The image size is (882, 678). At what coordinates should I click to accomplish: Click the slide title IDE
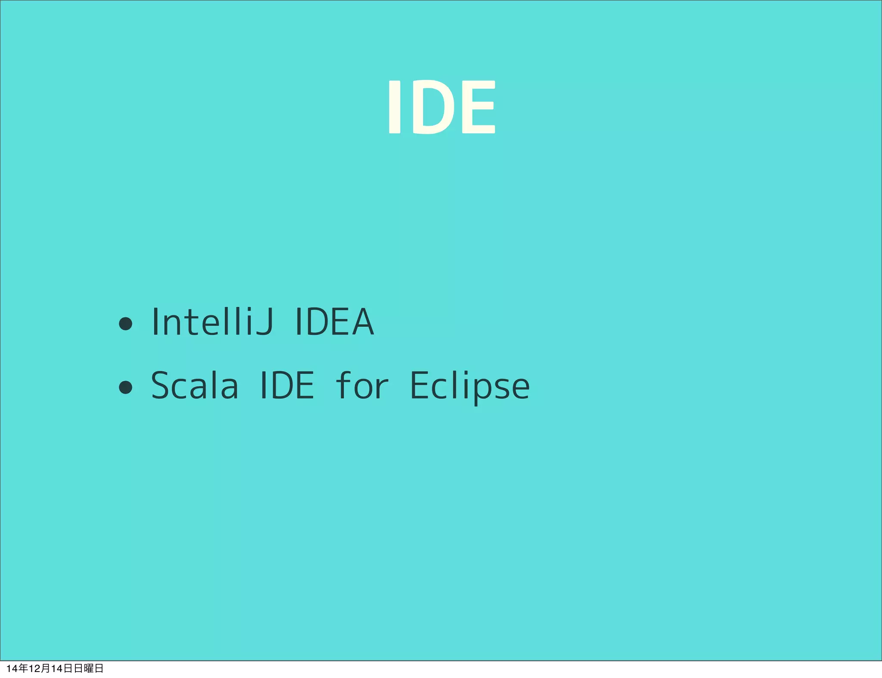coord(441,107)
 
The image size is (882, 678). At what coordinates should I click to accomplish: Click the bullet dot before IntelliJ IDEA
coord(125,324)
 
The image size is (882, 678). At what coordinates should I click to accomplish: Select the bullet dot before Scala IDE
coord(125,387)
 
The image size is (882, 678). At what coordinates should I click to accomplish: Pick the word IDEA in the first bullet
coord(334,321)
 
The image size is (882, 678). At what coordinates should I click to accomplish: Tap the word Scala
coord(195,385)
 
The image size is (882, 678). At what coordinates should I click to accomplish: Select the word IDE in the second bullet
coord(287,385)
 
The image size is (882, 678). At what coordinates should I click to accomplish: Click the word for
coord(362,385)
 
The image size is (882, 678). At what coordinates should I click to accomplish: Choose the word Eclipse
coord(469,385)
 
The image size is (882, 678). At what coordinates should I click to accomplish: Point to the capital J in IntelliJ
coord(264,321)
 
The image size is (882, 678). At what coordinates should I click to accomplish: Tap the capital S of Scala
coord(161,385)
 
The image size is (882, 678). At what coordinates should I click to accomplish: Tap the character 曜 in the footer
coord(89,668)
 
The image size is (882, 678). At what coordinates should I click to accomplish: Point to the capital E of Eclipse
coord(420,385)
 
